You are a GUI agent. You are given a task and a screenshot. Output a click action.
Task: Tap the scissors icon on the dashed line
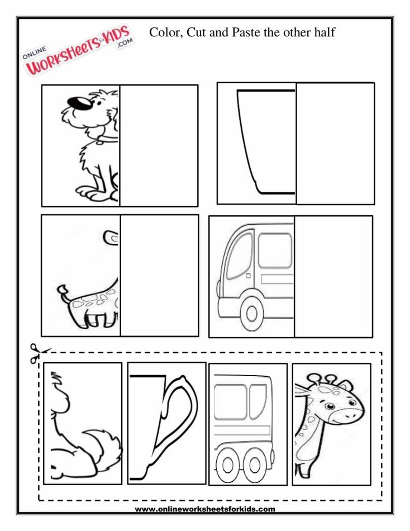point(35,353)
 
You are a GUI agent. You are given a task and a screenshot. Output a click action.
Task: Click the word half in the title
point(323,32)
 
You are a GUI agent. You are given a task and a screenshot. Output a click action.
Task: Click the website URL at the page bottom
point(205,509)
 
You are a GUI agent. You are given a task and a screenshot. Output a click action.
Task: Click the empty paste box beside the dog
point(159,145)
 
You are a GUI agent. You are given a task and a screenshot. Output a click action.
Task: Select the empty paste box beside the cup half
point(335,143)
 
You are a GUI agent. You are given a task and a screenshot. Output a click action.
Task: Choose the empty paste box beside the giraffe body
point(159,275)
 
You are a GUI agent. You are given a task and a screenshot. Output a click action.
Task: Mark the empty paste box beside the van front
point(333,277)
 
